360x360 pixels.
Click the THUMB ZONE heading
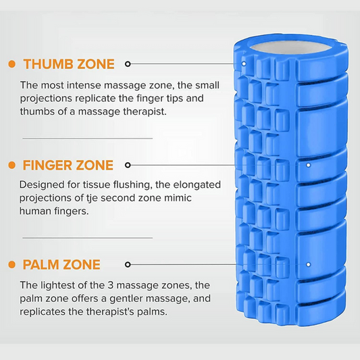(x=69, y=64)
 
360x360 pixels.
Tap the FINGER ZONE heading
(x=68, y=165)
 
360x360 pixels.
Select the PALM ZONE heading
(x=61, y=265)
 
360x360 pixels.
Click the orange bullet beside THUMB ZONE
(x=11, y=64)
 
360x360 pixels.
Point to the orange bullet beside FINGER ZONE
(x=11, y=165)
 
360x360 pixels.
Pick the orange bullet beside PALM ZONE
(x=11, y=265)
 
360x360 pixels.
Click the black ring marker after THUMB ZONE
(x=128, y=63)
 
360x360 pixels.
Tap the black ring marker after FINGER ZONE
(x=128, y=165)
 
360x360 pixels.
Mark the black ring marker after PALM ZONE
(x=128, y=265)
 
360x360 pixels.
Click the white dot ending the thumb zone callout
(x=244, y=63)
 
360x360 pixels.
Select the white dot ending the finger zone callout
(x=309, y=165)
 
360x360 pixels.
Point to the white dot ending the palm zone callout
(x=309, y=265)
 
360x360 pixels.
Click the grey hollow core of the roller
(x=290, y=48)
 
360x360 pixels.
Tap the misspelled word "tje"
(x=92, y=199)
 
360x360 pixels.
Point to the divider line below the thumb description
(x=88, y=138)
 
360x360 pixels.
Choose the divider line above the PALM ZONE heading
(x=88, y=238)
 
